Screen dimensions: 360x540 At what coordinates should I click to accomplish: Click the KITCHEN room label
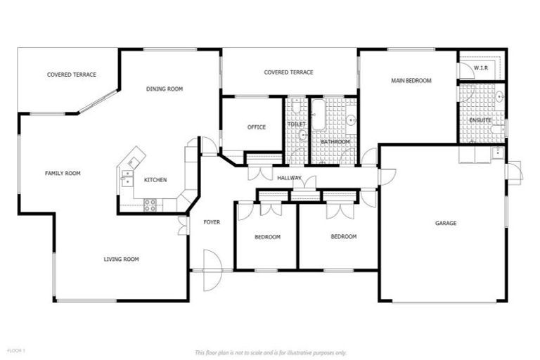155,180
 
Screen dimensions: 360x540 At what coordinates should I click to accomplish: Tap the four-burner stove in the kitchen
150,205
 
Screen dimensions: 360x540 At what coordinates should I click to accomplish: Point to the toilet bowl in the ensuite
497,129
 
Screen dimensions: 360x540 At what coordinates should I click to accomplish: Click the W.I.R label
481,68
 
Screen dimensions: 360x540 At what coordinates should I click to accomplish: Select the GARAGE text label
446,223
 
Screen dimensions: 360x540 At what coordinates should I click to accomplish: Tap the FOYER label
212,222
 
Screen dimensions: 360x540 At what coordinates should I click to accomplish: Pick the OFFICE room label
257,127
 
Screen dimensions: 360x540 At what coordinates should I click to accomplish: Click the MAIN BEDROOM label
411,81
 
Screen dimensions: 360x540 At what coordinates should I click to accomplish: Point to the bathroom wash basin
350,120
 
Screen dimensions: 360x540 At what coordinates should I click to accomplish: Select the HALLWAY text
289,178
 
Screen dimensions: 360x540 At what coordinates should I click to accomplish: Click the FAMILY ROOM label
63,173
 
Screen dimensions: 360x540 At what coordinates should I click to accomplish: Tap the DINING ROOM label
165,89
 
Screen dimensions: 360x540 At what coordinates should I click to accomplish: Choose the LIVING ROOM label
121,259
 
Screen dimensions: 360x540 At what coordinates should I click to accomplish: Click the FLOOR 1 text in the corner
16,350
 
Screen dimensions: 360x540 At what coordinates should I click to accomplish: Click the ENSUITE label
480,120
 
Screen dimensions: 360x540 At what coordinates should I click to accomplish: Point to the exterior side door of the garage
513,171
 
